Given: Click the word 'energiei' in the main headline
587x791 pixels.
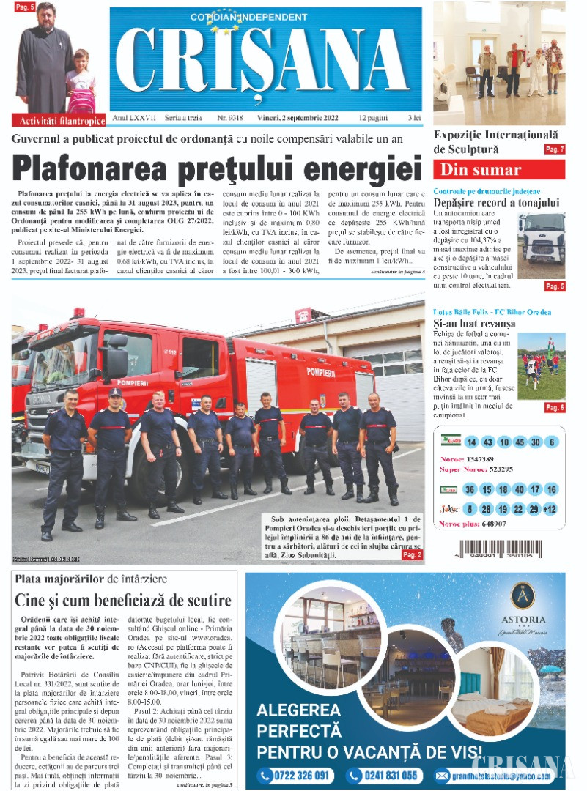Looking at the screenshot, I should click(x=354, y=167).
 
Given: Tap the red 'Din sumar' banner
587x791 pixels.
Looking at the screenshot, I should click(x=499, y=170).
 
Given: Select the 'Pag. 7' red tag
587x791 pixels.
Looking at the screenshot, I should click(x=555, y=149).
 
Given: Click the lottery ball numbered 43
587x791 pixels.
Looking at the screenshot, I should click(x=487, y=442).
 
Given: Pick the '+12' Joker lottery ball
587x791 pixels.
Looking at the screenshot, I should click(x=550, y=509).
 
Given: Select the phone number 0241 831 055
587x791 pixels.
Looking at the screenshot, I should click(x=385, y=776).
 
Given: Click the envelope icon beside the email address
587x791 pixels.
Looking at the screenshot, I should click(x=442, y=776).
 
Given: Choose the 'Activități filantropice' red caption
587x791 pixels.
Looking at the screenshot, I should click(x=61, y=121).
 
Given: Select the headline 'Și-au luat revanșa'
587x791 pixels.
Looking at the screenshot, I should click(x=474, y=323).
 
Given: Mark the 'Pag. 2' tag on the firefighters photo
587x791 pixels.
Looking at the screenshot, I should click(x=412, y=555).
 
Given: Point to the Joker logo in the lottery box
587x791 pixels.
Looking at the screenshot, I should click(x=449, y=509).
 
